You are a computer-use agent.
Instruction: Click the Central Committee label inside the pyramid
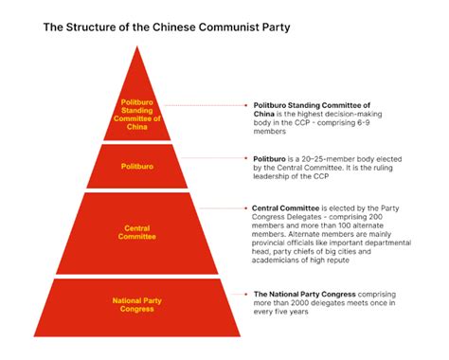(x=138, y=232)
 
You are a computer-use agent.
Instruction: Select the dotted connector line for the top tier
(x=212, y=105)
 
